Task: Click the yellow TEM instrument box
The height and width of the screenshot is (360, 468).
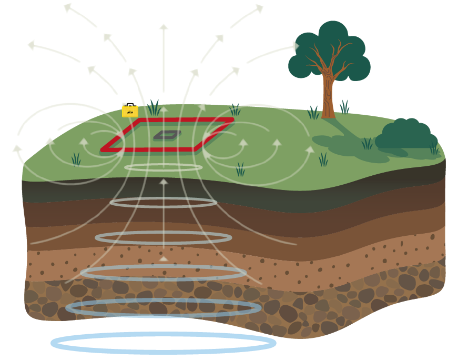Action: click(130, 112)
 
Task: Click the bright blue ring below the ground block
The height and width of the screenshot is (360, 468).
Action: click(163, 343)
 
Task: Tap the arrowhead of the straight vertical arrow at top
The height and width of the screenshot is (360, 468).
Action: click(164, 27)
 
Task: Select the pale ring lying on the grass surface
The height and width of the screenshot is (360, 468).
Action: click(163, 167)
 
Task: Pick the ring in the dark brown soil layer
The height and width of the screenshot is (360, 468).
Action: click(163, 202)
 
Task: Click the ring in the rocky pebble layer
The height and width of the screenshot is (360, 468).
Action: click(163, 307)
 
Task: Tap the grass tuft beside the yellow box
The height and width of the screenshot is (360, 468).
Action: click(154, 108)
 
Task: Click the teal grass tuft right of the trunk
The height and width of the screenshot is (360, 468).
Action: click(344, 106)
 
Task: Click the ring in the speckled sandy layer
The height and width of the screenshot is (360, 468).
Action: click(163, 273)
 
